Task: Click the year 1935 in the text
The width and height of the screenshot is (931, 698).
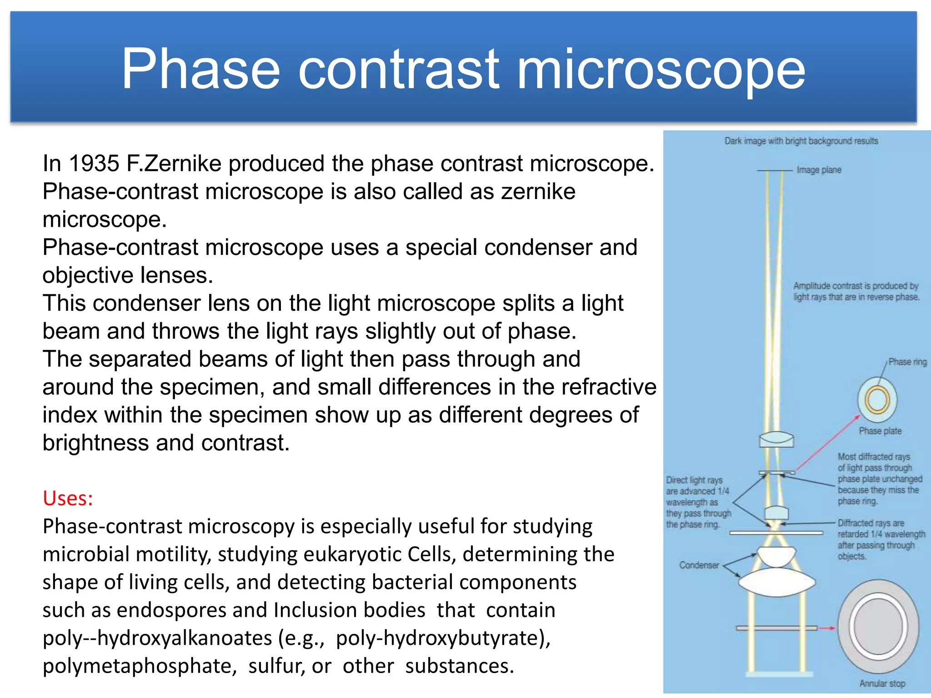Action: pyautogui.click(x=94, y=164)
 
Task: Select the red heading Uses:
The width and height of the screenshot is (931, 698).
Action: pyautogui.click(x=68, y=499)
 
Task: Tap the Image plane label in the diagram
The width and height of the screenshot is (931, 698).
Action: pyautogui.click(x=819, y=170)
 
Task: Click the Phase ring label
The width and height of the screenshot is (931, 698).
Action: pyautogui.click(x=907, y=362)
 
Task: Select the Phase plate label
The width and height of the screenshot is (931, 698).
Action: pyautogui.click(x=880, y=431)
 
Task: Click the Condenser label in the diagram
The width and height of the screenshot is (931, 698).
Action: pyautogui.click(x=699, y=565)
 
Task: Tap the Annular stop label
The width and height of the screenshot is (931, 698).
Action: pyautogui.click(x=881, y=683)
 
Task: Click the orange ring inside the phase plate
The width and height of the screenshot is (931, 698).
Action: pyautogui.click(x=877, y=400)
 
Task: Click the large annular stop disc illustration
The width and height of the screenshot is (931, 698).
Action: pyautogui.click(x=878, y=627)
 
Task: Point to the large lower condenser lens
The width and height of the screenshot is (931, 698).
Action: pyautogui.click(x=776, y=582)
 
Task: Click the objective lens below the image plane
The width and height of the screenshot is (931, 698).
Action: pyautogui.click(x=776, y=440)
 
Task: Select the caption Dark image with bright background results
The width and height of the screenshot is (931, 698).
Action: pyautogui.click(x=801, y=141)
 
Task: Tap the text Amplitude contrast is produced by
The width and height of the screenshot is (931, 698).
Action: pyautogui.click(x=856, y=286)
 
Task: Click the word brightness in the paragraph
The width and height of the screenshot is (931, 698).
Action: pyautogui.click(x=95, y=443)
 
